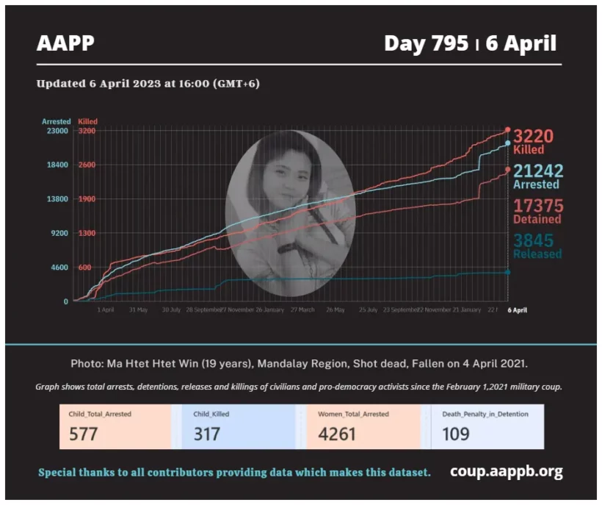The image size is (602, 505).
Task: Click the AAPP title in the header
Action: coord(65,43)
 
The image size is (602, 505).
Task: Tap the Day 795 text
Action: coord(426,43)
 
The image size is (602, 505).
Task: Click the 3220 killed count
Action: coord(533,137)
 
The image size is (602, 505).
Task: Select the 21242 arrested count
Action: coord(538,171)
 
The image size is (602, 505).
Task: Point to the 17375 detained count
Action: coord(537,206)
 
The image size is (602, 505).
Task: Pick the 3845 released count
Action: coord(534,240)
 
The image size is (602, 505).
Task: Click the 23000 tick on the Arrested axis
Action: coord(58,131)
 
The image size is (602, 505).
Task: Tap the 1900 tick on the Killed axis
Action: coord(87,199)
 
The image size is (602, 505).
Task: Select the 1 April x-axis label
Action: coord(106,309)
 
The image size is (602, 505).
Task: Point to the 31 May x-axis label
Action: coord(139,309)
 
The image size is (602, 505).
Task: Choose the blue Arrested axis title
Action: coord(57,121)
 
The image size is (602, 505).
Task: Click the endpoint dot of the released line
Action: coord(507,272)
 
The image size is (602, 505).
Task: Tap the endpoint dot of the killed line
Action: coord(507,129)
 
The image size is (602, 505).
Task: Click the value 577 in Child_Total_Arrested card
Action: coord(84,434)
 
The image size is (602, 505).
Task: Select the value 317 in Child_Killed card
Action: coord(208,434)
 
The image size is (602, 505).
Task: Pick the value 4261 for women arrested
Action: coord(337,434)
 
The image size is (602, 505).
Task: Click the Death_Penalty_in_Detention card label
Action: coord(485,414)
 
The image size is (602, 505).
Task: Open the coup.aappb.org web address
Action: coord(507,471)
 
